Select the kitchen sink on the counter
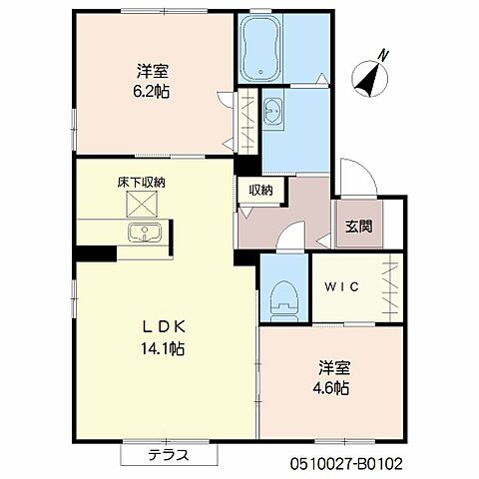point(146,234)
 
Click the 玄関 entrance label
point(358,226)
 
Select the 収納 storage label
point(261,191)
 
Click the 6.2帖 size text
point(153,92)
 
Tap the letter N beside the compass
point(385,56)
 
